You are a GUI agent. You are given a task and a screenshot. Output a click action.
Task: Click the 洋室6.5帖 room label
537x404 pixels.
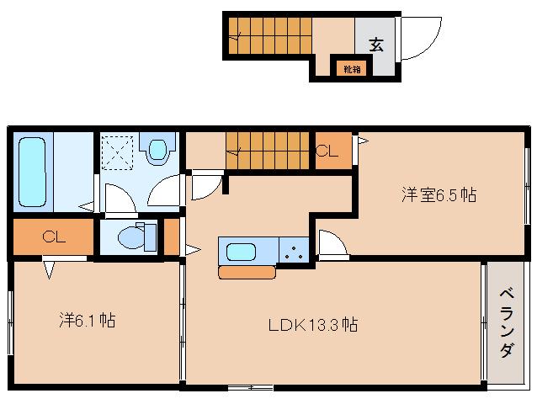(439, 194)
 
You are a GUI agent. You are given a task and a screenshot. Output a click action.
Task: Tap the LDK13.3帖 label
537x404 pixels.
(313, 325)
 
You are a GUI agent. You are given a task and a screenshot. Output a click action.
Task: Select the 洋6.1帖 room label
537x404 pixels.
(88, 320)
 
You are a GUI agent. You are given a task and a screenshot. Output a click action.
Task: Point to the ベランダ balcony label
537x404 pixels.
(507, 323)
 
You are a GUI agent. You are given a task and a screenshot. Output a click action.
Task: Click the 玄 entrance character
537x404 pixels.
(376, 45)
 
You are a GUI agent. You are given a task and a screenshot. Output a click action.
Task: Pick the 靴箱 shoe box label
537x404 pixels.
(352, 70)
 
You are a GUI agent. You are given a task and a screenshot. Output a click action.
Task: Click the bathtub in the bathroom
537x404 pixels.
(33, 172)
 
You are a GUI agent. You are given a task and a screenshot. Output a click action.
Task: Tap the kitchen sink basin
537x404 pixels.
(241, 252)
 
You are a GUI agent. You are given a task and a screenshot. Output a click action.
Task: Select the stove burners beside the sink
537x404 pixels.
(294, 252)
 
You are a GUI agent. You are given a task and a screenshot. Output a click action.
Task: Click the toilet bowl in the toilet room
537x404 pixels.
(131, 237)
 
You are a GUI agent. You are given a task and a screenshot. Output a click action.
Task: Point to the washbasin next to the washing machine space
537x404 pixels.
(158, 149)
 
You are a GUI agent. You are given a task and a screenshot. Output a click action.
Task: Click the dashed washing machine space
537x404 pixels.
(118, 152)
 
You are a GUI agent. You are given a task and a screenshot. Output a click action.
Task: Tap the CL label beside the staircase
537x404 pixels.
(327, 151)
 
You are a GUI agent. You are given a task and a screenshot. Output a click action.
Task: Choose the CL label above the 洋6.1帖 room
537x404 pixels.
(54, 237)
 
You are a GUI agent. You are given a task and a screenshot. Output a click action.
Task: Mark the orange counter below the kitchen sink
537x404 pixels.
(247, 273)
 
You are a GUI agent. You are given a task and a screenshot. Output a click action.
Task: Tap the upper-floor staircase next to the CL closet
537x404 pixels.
(268, 151)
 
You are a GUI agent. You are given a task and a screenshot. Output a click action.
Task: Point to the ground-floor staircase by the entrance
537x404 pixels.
(270, 36)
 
